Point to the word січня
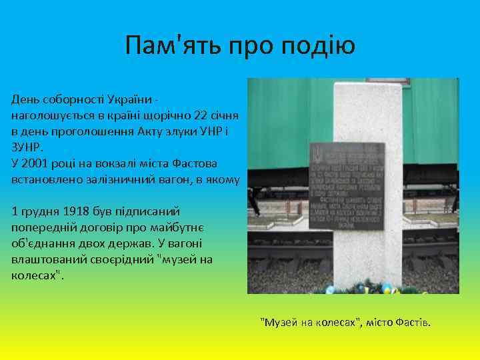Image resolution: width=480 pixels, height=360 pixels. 223,115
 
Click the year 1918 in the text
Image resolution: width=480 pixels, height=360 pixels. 77,212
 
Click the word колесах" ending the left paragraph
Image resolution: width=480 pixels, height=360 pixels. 37,276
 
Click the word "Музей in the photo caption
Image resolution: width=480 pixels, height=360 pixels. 279,323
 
